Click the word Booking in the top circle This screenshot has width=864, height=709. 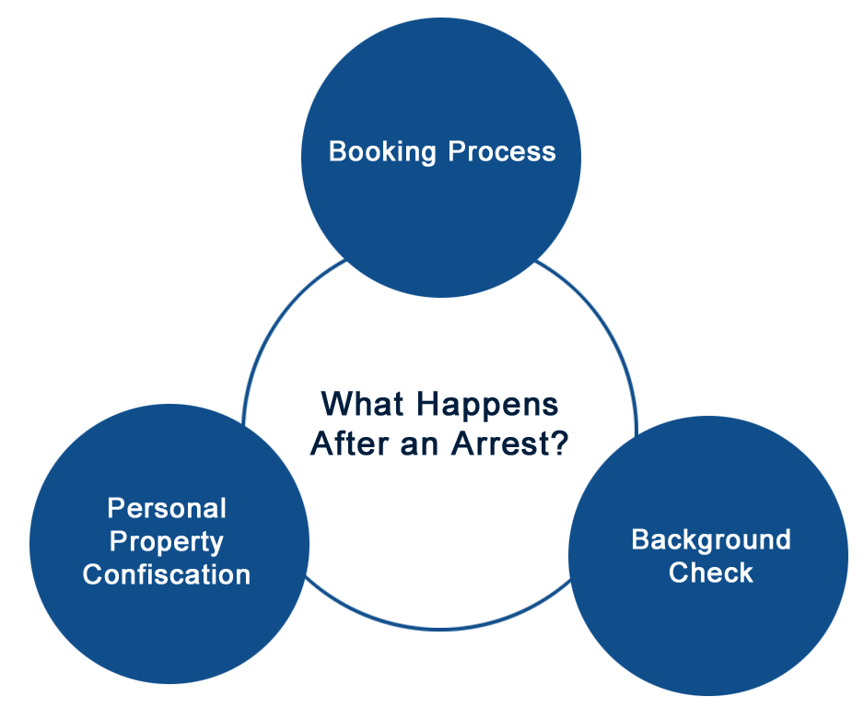pos(382,152)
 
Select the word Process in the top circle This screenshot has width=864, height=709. pos(501,151)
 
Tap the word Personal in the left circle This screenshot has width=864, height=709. pos(167,508)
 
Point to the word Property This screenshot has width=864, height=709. pos(167,543)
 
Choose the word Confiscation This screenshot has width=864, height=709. pos(167,574)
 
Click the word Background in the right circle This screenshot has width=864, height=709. pos(711,540)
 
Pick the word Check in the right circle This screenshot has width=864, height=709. pos(711,573)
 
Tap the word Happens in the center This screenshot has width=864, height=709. pos(487,406)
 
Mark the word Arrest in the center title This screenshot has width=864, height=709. pos(499,443)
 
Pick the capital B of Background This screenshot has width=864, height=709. pos(640,539)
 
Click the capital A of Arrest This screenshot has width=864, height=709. pos(463,443)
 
